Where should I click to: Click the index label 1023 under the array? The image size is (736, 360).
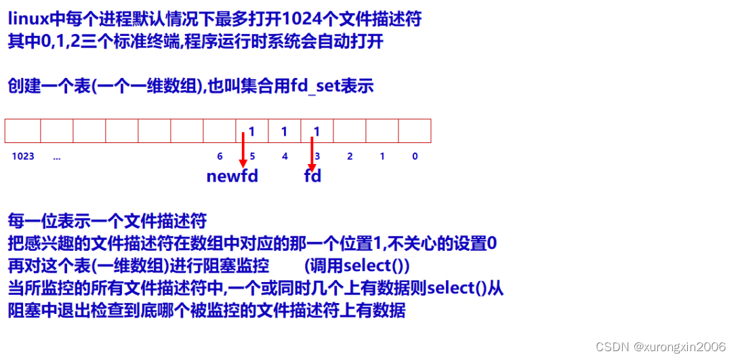(x=23, y=157)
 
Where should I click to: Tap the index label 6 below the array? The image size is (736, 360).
(x=220, y=157)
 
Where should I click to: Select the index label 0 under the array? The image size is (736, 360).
(x=415, y=157)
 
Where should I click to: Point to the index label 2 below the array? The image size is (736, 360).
(x=350, y=157)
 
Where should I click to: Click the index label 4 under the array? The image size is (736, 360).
(x=285, y=157)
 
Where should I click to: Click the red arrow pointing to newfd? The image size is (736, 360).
(x=243, y=151)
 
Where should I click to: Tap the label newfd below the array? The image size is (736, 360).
(x=232, y=177)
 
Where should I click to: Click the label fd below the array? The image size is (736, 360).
(x=312, y=177)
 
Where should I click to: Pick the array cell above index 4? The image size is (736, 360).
(x=285, y=131)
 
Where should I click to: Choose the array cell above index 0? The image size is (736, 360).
(x=415, y=131)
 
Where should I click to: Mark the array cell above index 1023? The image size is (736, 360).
(x=23, y=131)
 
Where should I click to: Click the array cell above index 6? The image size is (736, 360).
(x=220, y=131)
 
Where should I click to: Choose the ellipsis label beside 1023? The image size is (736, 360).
(x=56, y=157)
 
